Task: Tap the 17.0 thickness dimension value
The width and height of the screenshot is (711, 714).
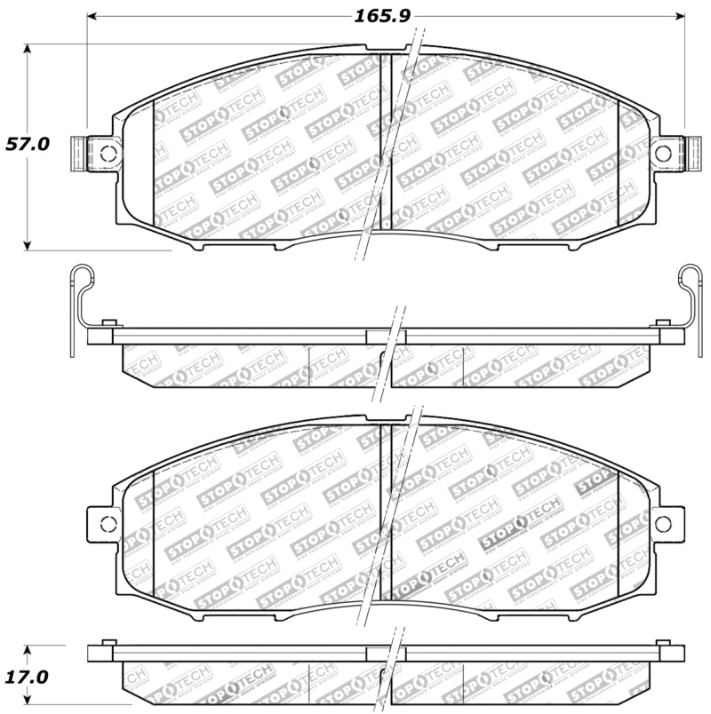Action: pyautogui.click(x=27, y=676)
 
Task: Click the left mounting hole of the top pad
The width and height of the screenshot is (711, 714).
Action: pyautogui.click(x=108, y=153)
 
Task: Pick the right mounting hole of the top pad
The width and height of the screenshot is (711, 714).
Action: pyautogui.click(x=663, y=153)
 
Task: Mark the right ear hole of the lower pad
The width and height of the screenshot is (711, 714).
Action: pyautogui.click(x=663, y=522)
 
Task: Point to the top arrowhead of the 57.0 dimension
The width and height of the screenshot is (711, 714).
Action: pyautogui.click(x=28, y=50)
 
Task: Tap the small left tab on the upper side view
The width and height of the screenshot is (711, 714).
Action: pyautogui.click(x=108, y=321)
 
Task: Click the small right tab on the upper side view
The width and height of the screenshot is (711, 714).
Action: pyautogui.click(x=661, y=321)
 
